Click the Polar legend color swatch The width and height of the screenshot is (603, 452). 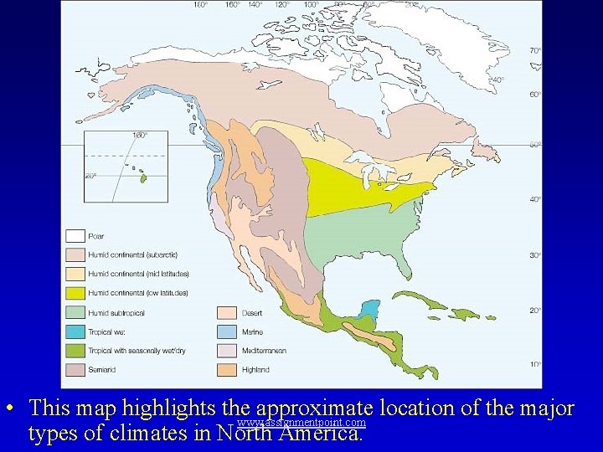pyautogui.click(x=75, y=236)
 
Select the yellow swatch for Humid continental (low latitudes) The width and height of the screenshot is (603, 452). pyautogui.click(x=75, y=293)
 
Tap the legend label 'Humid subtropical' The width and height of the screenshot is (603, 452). pyautogui.click(x=116, y=312)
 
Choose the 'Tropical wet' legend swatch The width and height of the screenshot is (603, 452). pyautogui.click(x=75, y=331)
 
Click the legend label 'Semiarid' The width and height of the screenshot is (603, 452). pyautogui.click(x=102, y=369)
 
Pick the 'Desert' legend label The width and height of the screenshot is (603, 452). pyautogui.click(x=253, y=313)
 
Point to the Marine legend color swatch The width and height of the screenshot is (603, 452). pyautogui.click(x=227, y=331)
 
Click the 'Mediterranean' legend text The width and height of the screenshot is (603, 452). pyautogui.click(x=264, y=350)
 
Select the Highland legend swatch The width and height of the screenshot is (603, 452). pyautogui.click(x=227, y=369)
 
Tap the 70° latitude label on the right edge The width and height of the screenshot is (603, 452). pyautogui.click(x=534, y=51)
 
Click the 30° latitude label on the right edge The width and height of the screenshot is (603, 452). pyautogui.click(x=534, y=254)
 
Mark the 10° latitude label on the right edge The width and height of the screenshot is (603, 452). pyautogui.click(x=534, y=364)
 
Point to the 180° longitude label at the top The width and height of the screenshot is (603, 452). pyautogui.click(x=201, y=5)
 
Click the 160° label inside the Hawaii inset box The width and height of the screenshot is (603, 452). pyautogui.click(x=140, y=135)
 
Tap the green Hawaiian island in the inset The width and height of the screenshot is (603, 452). pyautogui.click(x=142, y=177)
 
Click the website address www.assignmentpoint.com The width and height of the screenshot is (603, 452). pyautogui.click(x=301, y=424)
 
